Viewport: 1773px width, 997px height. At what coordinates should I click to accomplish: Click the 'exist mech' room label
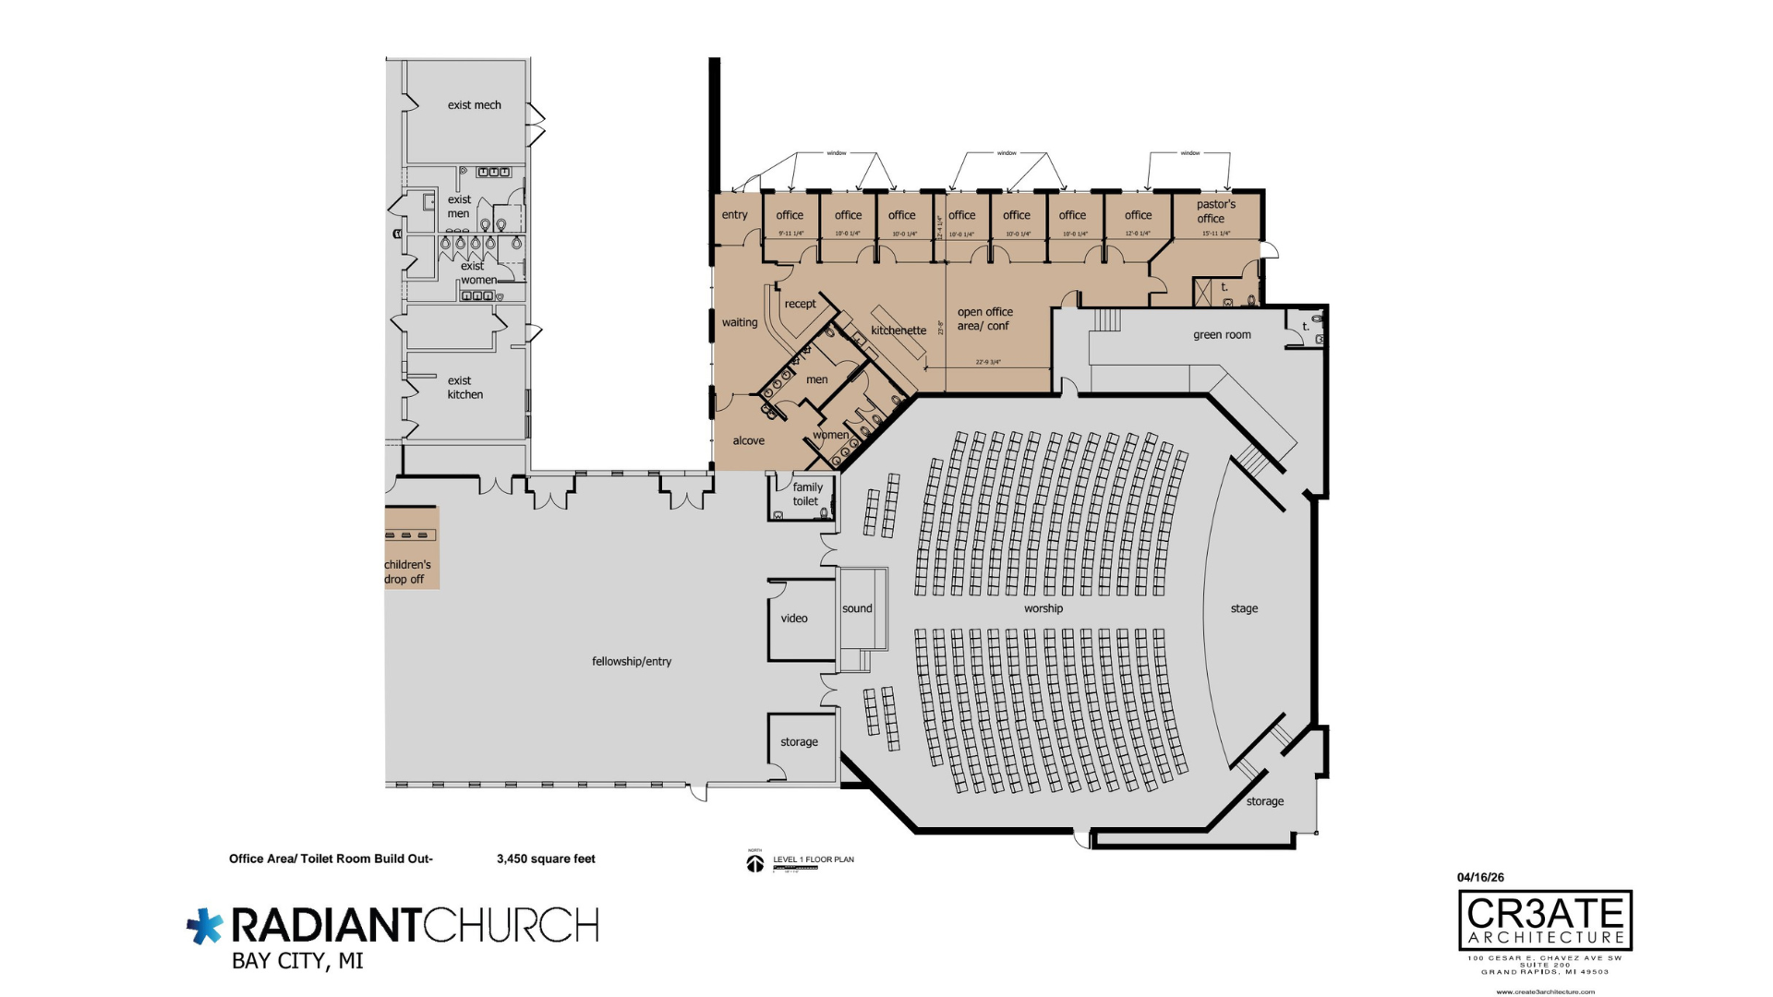(474, 105)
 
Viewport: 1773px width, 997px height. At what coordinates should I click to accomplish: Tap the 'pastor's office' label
(1215, 211)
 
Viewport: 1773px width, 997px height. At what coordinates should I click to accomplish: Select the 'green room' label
(1222, 335)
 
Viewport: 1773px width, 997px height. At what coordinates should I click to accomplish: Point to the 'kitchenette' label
(898, 330)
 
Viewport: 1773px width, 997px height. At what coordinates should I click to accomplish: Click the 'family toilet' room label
(806, 494)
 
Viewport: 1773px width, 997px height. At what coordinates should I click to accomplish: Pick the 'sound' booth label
(857, 608)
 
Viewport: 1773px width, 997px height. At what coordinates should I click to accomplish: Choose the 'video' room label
(794, 619)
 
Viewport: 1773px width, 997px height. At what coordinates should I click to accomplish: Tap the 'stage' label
(1244, 608)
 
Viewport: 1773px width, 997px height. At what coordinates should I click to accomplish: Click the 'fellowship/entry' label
(632, 661)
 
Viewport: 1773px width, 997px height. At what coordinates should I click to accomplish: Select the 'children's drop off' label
(407, 571)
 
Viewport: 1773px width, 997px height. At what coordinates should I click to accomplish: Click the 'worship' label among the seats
(1043, 608)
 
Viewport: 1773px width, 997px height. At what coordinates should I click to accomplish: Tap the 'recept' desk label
(800, 304)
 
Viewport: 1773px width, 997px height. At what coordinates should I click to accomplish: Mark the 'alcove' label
(748, 440)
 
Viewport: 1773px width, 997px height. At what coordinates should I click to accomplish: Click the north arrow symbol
(755, 863)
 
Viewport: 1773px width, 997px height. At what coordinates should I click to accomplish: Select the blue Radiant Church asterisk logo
(204, 926)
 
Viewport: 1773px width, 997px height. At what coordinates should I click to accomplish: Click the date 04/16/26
(1480, 877)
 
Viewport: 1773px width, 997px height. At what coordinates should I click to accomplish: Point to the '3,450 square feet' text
(546, 859)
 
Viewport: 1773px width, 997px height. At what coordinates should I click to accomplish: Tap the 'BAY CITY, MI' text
(297, 961)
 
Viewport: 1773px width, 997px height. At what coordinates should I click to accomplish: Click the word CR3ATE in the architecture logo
(1545, 913)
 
